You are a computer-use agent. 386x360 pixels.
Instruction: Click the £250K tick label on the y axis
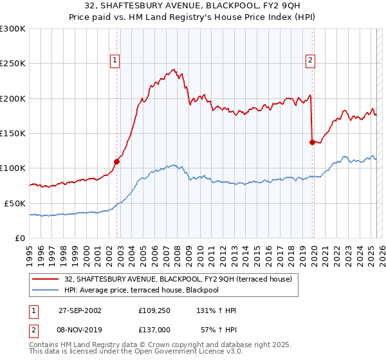(x=13, y=64)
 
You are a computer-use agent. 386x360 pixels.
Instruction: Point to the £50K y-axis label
(x=15, y=203)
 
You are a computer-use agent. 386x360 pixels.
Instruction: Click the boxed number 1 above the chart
(x=115, y=60)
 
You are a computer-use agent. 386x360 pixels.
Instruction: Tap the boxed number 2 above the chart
(x=310, y=60)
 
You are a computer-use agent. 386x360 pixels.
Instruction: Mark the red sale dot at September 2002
(x=117, y=161)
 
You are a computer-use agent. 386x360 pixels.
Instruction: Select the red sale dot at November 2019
(x=312, y=142)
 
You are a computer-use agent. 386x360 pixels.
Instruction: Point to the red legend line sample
(x=46, y=279)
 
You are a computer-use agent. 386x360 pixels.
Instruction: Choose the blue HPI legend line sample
(x=46, y=291)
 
